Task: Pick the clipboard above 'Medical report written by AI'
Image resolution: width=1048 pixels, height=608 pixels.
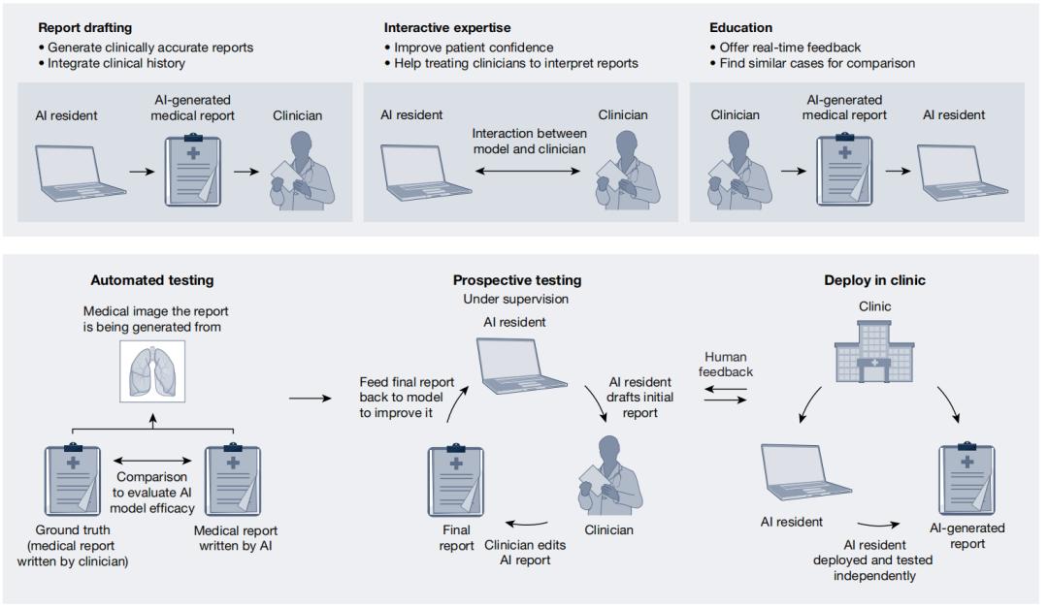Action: [x=233, y=479]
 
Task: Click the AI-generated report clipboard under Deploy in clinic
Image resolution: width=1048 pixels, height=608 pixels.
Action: [x=966, y=479]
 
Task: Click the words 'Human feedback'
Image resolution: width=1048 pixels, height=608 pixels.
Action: [x=726, y=365]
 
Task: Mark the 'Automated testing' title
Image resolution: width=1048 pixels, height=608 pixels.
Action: [x=151, y=281]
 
